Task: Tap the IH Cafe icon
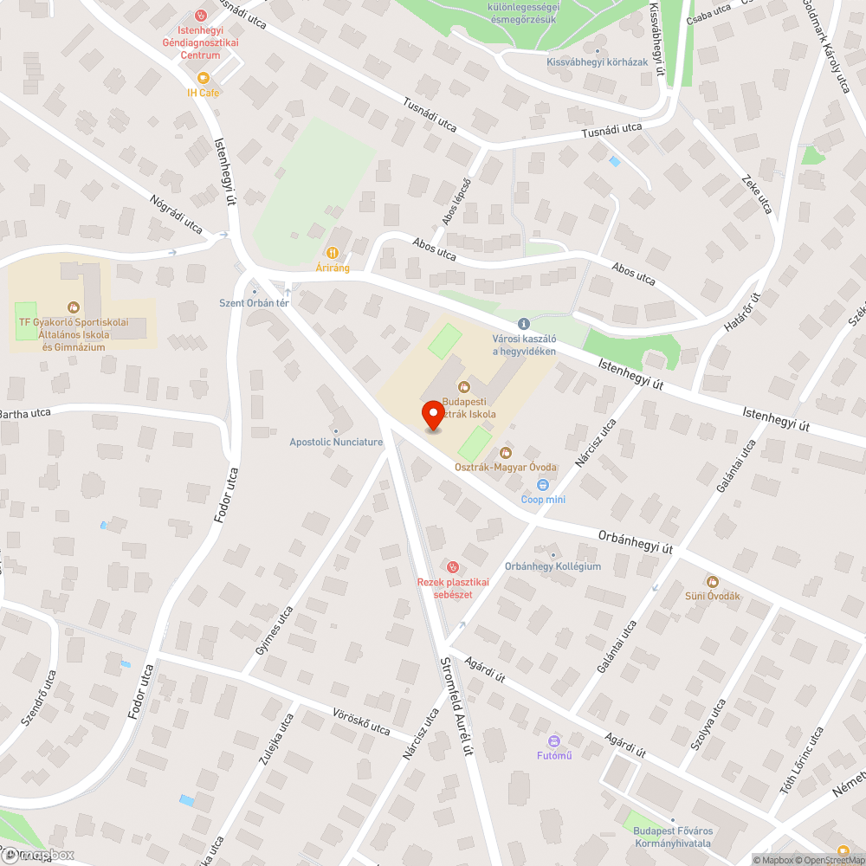click(204, 78)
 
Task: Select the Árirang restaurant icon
click(333, 255)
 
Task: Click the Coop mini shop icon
click(544, 485)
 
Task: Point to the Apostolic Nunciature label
click(336, 442)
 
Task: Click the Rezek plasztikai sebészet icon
click(451, 566)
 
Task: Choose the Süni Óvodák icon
click(713, 581)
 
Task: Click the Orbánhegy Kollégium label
click(553, 566)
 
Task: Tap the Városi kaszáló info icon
click(523, 323)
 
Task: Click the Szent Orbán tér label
click(253, 302)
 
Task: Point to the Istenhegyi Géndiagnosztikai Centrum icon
click(202, 15)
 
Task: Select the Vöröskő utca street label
click(362, 721)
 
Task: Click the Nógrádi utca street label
click(176, 216)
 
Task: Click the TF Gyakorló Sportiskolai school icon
click(74, 307)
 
